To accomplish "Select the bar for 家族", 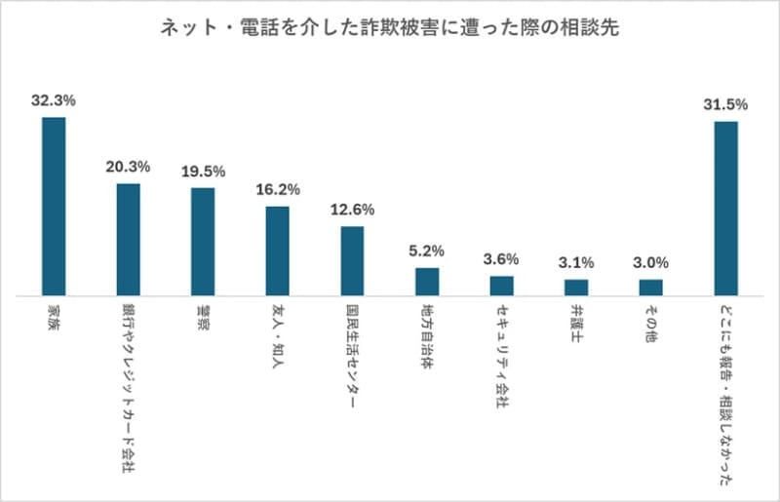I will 54,206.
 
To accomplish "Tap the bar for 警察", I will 203,241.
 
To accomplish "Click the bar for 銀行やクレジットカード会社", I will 129,239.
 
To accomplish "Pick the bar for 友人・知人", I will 278,251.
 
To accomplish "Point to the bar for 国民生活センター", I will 352,260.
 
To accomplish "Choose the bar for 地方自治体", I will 427,281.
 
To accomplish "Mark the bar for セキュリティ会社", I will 501,285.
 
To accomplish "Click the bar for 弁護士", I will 576,287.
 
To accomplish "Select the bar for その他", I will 650,287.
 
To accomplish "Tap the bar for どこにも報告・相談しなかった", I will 725,208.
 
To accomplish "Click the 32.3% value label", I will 54,100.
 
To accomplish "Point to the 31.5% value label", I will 725,104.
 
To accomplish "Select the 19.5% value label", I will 203,171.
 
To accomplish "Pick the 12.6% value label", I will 352,210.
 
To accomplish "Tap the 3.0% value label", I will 650,262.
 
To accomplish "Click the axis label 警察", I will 204,319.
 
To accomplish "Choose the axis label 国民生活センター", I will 353,352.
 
